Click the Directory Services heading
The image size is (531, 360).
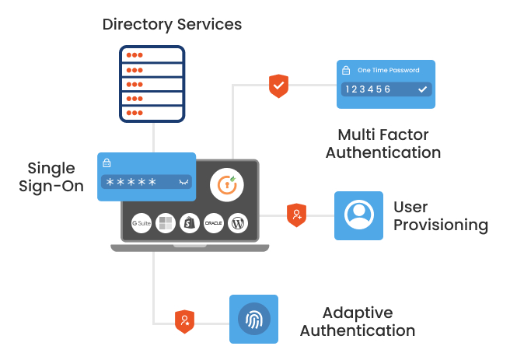tap(172, 24)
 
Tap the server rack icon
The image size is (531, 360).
tap(153, 83)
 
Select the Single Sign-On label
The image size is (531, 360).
tap(51, 177)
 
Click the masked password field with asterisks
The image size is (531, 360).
tap(146, 182)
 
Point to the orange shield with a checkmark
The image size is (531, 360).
tap(278, 86)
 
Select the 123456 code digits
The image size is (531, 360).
tap(369, 89)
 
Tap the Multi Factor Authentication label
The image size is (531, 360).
tap(383, 143)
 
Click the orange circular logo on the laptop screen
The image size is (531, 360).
tap(226, 185)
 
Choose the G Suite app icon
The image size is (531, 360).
tap(141, 222)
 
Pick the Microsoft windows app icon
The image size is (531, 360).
tap(166, 222)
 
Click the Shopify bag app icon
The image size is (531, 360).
tap(190, 222)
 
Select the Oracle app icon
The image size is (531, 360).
tap(214, 222)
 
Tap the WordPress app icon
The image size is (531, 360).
tap(238, 222)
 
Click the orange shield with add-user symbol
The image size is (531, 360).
tap(296, 215)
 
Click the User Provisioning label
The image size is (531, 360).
tap(440, 216)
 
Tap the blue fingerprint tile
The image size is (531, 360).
tap(253, 319)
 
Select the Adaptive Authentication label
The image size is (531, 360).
tap(357, 321)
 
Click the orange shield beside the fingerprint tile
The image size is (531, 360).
tap(184, 321)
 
